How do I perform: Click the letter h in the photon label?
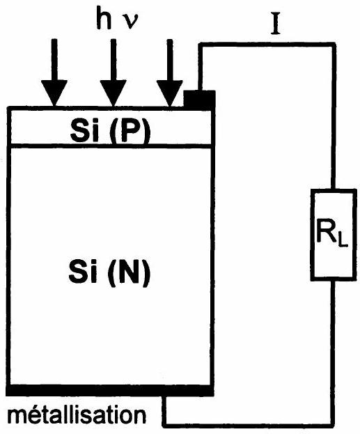coord(104,17)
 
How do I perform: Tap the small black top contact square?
coord(200,99)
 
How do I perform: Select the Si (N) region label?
coord(109,272)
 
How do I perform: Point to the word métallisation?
coord(77,415)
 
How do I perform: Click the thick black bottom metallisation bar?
coord(110,390)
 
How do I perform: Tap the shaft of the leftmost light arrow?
coord(54,59)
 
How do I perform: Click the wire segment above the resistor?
coord(334,116)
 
